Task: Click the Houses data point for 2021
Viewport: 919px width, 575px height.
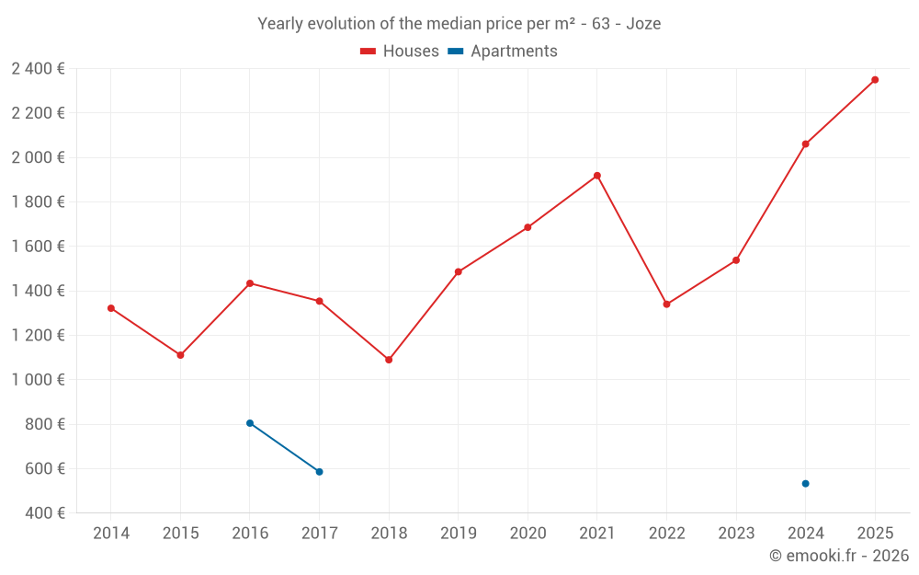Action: point(597,176)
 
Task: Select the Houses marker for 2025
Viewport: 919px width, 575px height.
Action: point(875,80)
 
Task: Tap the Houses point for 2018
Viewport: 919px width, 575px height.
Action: point(389,360)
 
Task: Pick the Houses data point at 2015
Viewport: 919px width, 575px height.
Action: point(180,355)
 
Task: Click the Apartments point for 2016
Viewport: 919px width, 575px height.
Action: point(250,423)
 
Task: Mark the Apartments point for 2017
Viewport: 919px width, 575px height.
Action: point(319,472)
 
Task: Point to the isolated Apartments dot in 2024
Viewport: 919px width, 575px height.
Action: point(805,484)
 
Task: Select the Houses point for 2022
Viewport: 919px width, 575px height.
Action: point(666,305)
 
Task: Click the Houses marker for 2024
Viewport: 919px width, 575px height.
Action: point(805,144)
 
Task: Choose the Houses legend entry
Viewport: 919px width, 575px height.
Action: point(400,52)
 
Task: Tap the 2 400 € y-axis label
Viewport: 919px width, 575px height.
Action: point(38,69)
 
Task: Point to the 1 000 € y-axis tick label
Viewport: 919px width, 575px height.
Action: point(38,380)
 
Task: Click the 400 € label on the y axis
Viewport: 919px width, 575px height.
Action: point(44,513)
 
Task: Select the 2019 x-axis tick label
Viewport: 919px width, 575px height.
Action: point(458,534)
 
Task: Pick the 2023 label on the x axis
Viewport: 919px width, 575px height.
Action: point(735,534)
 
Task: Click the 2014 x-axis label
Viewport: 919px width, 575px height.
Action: point(111,534)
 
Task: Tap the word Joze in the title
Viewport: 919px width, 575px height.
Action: point(643,24)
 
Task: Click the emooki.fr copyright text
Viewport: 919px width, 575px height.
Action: point(838,556)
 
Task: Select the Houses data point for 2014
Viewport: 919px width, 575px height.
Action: point(111,308)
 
